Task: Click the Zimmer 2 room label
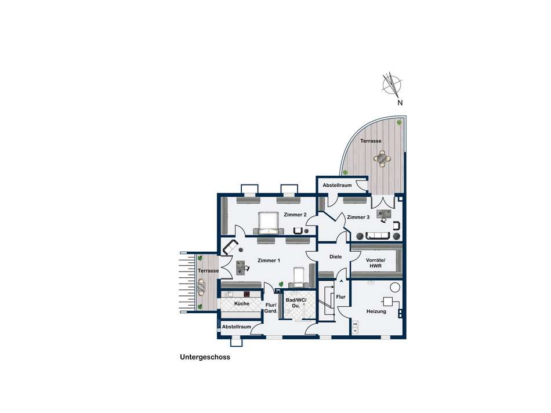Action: pyautogui.click(x=295, y=215)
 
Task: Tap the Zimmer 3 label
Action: pyautogui.click(x=358, y=217)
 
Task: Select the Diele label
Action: pyautogui.click(x=336, y=257)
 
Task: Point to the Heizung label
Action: pyautogui.click(x=376, y=311)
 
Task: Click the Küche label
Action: pyautogui.click(x=242, y=303)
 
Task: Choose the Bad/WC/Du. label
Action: pyautogui.click(x=296, y=303)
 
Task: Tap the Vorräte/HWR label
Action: pyautogui.click(x=376, y=263)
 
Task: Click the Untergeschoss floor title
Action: pyautogui.click(x=205, y=357)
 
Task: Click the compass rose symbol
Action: pyautogui.click(x=392, y=85)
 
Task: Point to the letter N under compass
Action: pyautogui.click(x=400, y=103)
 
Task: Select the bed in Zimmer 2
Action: pyautogui.click(x=269, y=223)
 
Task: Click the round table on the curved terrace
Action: pyautogui.click(x=382, y=158)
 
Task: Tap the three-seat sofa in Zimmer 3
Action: pyautogui.click(x=378, y=236)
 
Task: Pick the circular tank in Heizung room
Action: pyautogui.click(x=396, y=288)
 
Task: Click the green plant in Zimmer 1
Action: pyautogui.click(x=281, y=284)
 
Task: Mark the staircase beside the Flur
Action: pyautogui.click(x=326, y=301)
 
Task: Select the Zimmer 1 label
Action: pyautogui.click(x=269, y=260)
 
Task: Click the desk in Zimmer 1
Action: pyautogui.click(x=241, y=267)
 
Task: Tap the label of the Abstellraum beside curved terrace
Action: pyautogui.click(x=337, y=185)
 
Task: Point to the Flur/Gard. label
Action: pyautogui.click(x=271, y=308)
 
